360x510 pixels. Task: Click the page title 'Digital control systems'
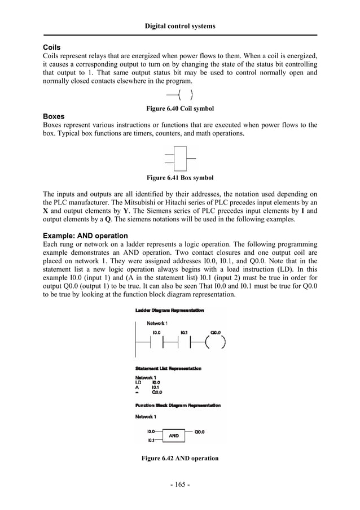click(x=180, y=26)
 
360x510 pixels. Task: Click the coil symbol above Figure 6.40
click(x=181, y=95)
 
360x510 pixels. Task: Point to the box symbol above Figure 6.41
click(x=180, y=159)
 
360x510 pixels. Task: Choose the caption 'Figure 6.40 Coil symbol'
click(x=180, y=108)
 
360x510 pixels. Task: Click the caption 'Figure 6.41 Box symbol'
click(x=180, y=178)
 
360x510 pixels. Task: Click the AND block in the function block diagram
click(x=174, y=435)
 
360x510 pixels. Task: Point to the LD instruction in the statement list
click(x=139, y=382)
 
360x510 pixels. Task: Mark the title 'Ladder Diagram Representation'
click(x=170, y=310)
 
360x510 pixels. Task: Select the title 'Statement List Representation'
click(x=168, y=368)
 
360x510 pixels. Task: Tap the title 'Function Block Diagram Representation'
click(x=178, y=406)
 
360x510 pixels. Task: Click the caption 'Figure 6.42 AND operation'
click(x=180, y=458)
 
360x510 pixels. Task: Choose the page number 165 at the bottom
click(x=180, y=485)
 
